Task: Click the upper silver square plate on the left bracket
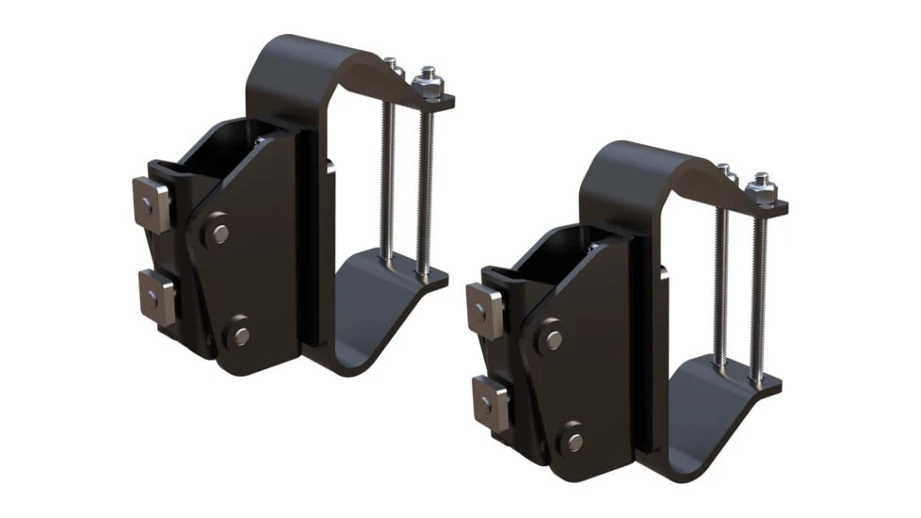click(x=152, y=203)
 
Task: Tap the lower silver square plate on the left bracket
click(x=156, y=296)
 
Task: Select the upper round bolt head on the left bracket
click(x=218, y=232)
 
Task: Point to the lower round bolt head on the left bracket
click(x=240, y=334)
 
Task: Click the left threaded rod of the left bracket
click(x=387, y=179)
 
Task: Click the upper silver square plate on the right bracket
click(x=485, y=310)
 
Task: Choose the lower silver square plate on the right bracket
click(x=490, y=402)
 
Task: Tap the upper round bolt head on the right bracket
click(x=553, y=339)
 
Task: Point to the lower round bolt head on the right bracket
click(x=573, y=441)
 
